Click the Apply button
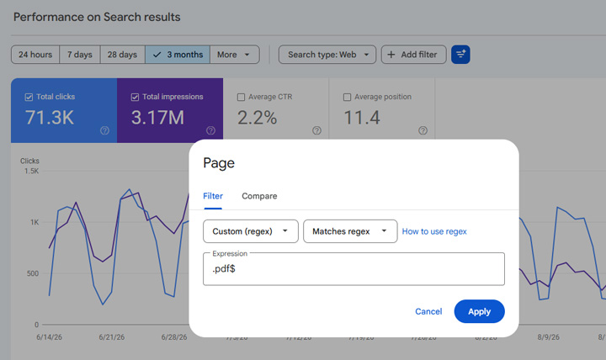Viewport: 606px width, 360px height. pos(479,311)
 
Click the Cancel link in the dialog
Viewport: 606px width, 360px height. pos(428,311)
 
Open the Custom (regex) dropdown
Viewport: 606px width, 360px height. pos(251,231)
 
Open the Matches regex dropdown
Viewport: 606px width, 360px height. pos(350,231)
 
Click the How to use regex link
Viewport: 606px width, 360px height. pos(434,231)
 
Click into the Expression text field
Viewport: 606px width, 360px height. pos(353,269)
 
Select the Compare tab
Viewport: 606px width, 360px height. pos(259,196)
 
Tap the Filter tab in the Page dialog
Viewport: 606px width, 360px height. pos(213,196)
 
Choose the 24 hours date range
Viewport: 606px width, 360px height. pos(35,55)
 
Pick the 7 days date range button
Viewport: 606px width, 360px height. pos(80,55)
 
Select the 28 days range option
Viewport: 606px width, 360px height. pos(123,55)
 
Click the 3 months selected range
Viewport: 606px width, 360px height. pos(178,55)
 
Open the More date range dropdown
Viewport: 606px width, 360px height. pos(234,55)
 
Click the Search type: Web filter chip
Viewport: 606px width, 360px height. pos(327,55)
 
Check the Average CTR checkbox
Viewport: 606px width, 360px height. pos(242,97)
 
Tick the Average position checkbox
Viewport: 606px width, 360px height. pos(347,97)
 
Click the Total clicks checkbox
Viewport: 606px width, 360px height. pos(29,97)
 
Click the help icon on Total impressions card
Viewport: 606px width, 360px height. pos(210,130)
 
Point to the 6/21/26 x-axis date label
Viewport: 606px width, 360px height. pos(112,337)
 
